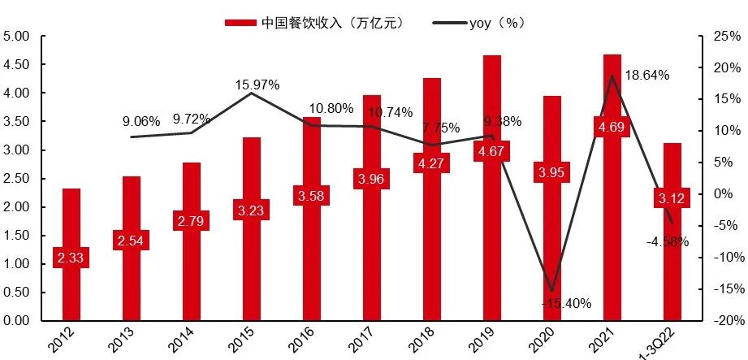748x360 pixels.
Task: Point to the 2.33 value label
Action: [x=71, y=258]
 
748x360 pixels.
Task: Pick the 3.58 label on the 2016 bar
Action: [x=311, y=196]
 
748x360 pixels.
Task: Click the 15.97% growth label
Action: [x=257, y=85]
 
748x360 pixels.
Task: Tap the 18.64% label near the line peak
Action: [x=646, y=75]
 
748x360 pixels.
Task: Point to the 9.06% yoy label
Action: [x=141, y=122]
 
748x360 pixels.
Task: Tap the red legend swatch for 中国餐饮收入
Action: [x=240, y=22]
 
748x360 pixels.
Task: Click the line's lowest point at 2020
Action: [x=552, y=291]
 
